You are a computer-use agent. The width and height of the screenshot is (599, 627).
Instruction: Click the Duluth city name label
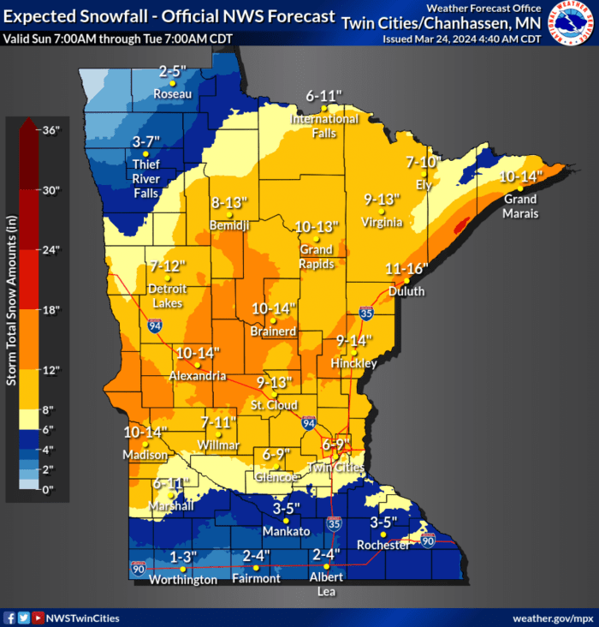406,291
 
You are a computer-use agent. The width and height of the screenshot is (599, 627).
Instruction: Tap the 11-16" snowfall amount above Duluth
406,268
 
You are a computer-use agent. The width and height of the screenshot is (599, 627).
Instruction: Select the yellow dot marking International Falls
324,108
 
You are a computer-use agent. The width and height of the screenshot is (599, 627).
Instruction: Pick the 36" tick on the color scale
52,130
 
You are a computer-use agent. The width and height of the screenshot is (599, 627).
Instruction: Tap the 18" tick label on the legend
52,310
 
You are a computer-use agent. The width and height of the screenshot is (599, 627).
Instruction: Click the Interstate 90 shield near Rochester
427,540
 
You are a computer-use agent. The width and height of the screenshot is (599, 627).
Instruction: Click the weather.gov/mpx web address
552,618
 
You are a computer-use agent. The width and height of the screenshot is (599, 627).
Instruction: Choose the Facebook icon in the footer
9,618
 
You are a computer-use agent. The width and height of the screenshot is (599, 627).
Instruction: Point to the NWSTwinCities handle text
83,618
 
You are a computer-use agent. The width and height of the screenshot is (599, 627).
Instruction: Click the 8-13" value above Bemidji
229,203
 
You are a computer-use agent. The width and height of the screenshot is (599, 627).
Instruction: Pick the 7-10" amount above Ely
423,161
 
